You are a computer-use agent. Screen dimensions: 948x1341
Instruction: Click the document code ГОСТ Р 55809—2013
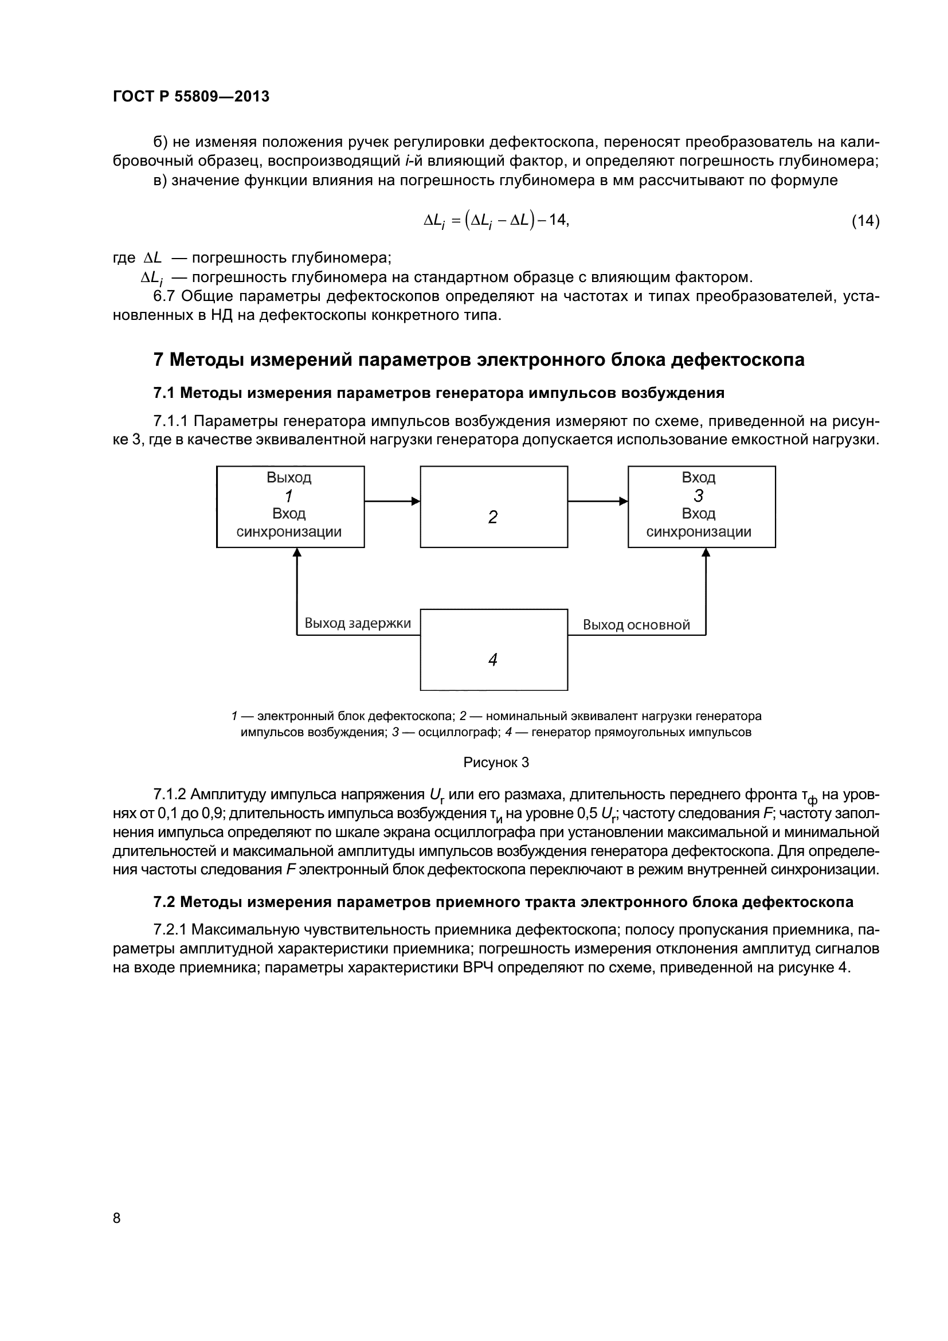[191, 96]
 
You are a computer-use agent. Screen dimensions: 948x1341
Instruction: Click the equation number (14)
[865, 221]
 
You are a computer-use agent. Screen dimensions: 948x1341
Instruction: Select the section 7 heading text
[479, 360]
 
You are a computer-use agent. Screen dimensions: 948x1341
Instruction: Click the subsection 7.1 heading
[439, 393]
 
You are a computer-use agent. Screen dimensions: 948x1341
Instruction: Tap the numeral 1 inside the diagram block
[289, 496]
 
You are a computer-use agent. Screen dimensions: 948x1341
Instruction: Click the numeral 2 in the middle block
[493, 517]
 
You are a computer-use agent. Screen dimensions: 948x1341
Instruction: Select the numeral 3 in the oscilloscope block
[699, 496]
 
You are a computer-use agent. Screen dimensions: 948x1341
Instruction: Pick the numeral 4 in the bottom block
[493, 660]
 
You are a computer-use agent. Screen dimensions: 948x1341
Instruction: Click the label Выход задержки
[358, 623]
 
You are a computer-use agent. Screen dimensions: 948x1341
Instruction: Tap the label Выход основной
[636, 625]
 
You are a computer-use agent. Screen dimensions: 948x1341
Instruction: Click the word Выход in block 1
[289, 478]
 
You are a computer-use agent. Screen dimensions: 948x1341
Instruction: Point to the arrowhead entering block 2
[416, 501]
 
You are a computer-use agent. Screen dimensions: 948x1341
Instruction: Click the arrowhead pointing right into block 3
[624, 501]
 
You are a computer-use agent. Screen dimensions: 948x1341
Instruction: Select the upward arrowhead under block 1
[297, 553]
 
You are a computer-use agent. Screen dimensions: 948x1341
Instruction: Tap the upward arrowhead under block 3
[706, 553]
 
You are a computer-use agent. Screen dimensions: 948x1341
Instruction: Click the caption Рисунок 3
[496, 762]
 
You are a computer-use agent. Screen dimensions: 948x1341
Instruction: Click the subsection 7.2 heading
[503, 902]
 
